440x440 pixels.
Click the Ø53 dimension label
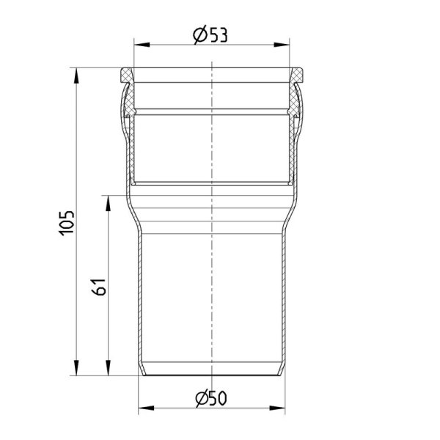point(210,34)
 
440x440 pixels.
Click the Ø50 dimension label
point(211,397)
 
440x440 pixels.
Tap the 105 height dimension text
point(67,223)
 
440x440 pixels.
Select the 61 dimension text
point(99,287)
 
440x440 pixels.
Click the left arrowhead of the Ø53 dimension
point(142,45)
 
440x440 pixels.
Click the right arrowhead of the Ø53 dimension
point(282,45)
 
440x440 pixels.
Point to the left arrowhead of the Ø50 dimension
point(146,408)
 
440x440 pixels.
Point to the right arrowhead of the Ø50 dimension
point(277,408)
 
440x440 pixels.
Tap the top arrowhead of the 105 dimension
point(76,76)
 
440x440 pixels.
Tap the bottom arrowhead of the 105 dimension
point(76,367)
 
